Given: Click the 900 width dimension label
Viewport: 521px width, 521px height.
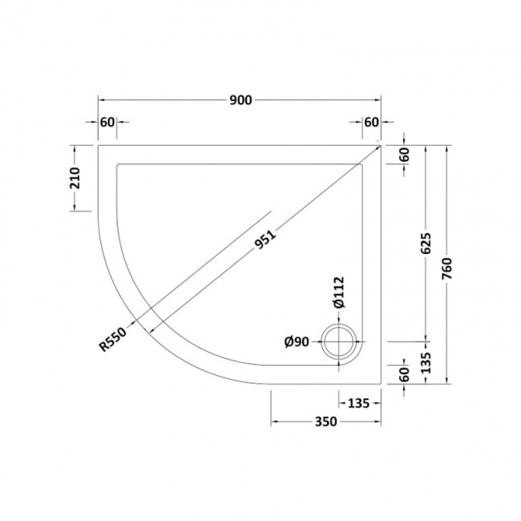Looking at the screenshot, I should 240,99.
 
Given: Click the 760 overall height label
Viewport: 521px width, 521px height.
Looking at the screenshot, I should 448,265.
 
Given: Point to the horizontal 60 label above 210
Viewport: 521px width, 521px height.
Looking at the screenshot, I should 107,122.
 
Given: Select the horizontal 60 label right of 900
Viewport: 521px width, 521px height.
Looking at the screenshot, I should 370,122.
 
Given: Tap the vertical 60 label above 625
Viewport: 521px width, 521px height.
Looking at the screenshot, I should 404,155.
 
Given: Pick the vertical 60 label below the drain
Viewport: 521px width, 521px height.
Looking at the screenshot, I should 404,374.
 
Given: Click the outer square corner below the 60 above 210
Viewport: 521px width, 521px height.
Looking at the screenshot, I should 98,145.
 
